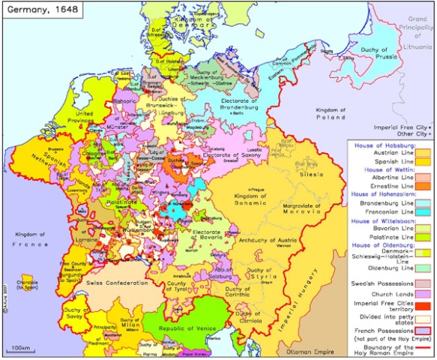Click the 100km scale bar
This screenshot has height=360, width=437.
pyautogui.click(x=24, y=352)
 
